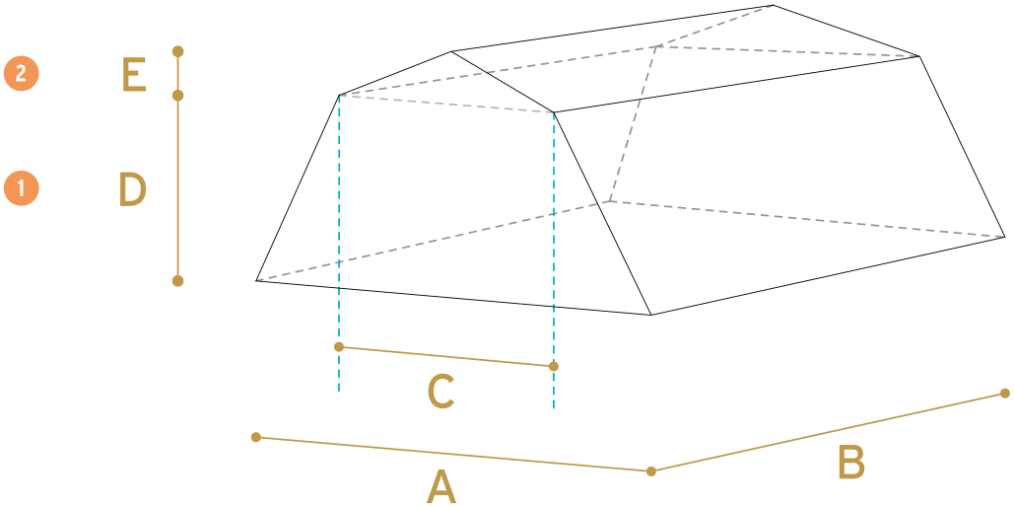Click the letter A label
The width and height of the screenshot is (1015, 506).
[441, 486]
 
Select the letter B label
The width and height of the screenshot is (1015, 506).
[851, 463]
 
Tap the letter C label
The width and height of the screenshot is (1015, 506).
[440, 392]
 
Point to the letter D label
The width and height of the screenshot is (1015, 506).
[133, 189]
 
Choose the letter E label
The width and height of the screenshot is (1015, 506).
[134, 75]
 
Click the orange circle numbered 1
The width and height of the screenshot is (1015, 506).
[22, 188]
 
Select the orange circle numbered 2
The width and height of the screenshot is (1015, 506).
[22, 73]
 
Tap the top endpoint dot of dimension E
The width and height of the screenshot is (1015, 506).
[178, 51]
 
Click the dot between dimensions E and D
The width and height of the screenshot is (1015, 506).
[178, 96]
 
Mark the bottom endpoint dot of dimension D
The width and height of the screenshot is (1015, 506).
[178, 280]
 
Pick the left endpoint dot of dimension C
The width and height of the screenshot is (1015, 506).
[339, 347]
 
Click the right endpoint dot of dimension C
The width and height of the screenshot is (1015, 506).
[554, 367]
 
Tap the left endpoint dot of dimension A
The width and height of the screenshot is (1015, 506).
[256, 437]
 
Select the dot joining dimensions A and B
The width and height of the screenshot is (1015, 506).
[651, 471]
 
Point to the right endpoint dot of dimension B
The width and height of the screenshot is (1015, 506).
[1004, 394]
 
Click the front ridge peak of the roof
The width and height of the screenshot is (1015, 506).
[451, 51]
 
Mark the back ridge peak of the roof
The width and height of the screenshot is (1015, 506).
[774, 5]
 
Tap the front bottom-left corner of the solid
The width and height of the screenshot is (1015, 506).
[256, 280]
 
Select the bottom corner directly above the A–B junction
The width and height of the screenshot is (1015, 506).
[651, 315]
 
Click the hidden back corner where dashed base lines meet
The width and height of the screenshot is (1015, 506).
[610, 201]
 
